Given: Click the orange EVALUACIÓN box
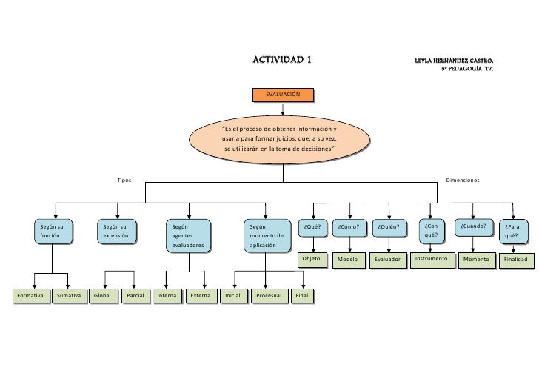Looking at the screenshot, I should pos(282,95).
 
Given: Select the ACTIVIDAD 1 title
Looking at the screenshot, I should pos(282,59).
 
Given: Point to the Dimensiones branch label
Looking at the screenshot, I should pos(462,181).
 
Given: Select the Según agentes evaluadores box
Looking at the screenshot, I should pos(188,235).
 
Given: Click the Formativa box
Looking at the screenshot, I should pos(31,296).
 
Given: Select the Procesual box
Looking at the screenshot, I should pos(268,296).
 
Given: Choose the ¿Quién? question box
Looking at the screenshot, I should pos(389,227).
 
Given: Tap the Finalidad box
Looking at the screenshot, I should pos(515,260).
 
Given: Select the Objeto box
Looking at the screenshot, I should pos(312,260).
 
